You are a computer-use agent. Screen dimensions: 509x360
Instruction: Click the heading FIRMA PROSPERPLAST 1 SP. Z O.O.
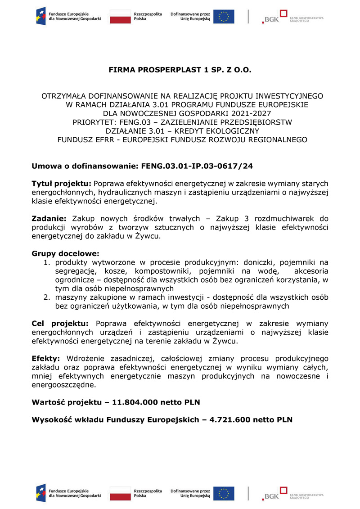click(180, 71)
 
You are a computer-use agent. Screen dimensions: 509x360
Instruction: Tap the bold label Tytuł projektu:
click(61, 184)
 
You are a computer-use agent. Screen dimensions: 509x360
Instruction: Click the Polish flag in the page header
click(119, 17)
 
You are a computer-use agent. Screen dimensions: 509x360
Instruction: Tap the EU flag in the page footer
click(224, 494)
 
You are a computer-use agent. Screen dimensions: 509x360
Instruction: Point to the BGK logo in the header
click(271, 17)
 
